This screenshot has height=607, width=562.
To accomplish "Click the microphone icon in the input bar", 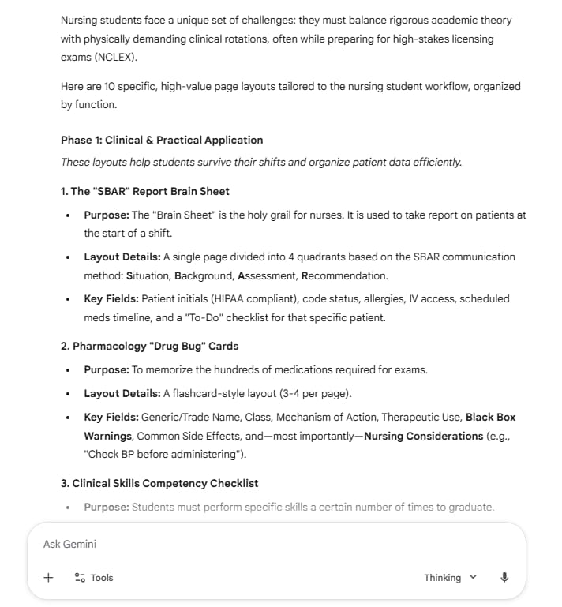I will pos(504,577).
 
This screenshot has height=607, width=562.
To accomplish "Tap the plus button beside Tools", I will pos(48,577).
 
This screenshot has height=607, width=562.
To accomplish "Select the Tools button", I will pos(94,578).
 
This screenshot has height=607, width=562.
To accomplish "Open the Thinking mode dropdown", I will pos(450,578).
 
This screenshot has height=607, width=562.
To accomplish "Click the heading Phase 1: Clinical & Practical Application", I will pos(162,140).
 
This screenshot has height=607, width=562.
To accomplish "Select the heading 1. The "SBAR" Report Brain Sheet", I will pos(144,190).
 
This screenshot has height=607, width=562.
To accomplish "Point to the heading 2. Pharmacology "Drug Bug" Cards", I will pos(149,346).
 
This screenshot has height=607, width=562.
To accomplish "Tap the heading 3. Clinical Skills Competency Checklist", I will pos(159,483).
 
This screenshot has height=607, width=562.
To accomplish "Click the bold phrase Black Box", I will pos(490,417).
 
